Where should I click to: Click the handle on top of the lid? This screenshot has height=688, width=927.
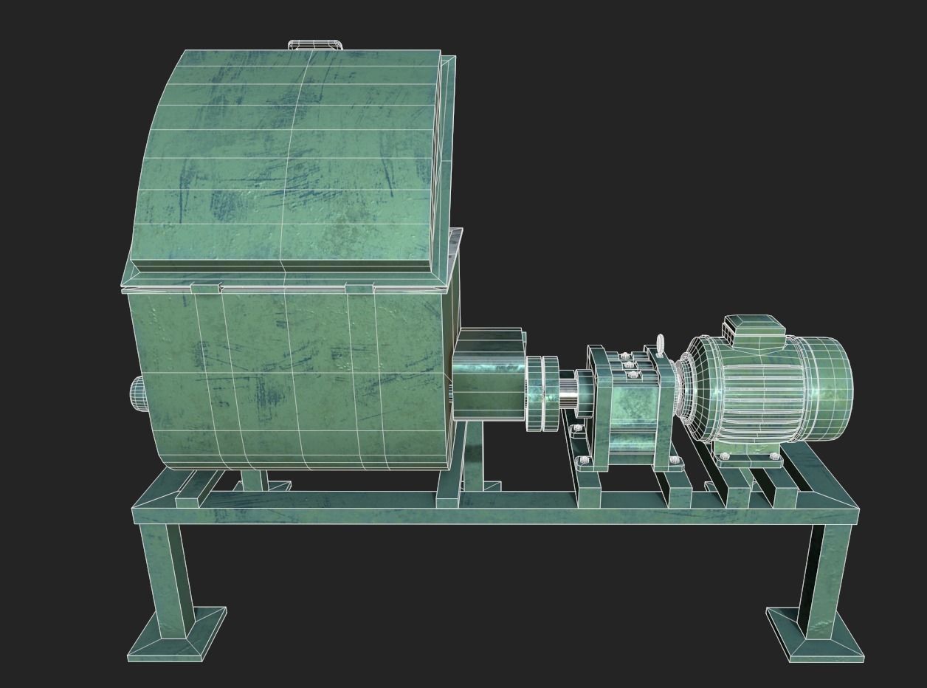(315, 45)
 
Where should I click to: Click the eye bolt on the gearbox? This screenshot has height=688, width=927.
(661, 345)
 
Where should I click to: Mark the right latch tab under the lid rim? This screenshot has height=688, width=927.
(359, 288)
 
